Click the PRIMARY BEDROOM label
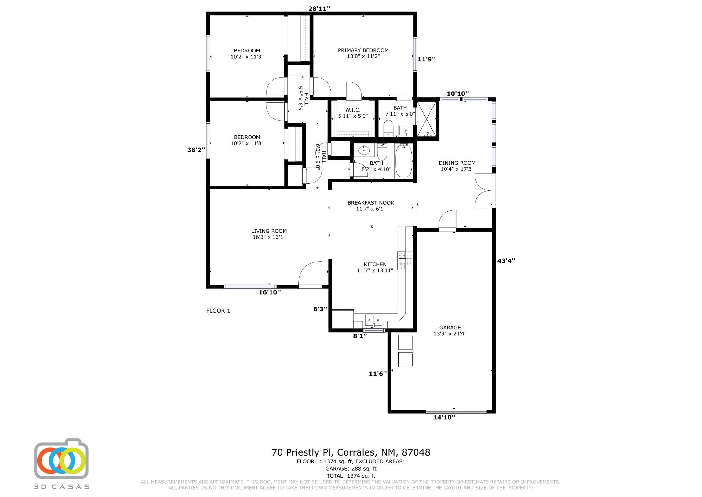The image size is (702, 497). click(x=363, y=50)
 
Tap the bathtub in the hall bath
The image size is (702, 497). click(x=404, y=161)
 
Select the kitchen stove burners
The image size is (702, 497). click(x=405, y=261)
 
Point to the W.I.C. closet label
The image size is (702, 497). click(x=353, y=110)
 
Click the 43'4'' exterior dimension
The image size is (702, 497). click(x=506, y=261)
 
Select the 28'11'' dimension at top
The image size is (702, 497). click(x=319, y=9)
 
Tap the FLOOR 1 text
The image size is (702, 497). click(x=218, y=311)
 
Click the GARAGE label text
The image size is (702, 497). click(x=450, y=328)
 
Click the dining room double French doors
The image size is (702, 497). click(x=484, y=191)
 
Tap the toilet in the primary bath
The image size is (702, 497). click(x=388, y=128)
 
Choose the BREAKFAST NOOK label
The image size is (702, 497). click(x=371, y=203)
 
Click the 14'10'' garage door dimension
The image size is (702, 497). click(x=444, y=417)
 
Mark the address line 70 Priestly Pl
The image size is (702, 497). click(x=351, y=452)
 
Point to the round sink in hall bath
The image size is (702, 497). click(x=364, y=150)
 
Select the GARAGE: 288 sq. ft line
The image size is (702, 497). click(x=351, y=468)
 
